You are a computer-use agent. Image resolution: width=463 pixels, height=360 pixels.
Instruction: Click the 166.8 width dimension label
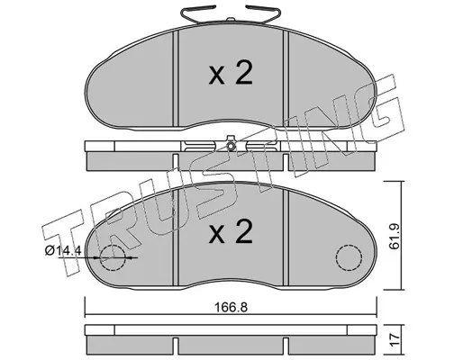[x=231, y=307]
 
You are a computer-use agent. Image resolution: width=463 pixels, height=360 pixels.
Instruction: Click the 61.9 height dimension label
[x=394, y=236]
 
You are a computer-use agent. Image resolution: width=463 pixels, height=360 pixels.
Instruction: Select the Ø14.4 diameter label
[x=63, y=250]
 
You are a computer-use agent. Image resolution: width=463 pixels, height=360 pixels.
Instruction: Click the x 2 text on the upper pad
[x=231, y=74]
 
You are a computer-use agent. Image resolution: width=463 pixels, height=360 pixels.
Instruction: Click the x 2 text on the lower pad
[x=231, y=233]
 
